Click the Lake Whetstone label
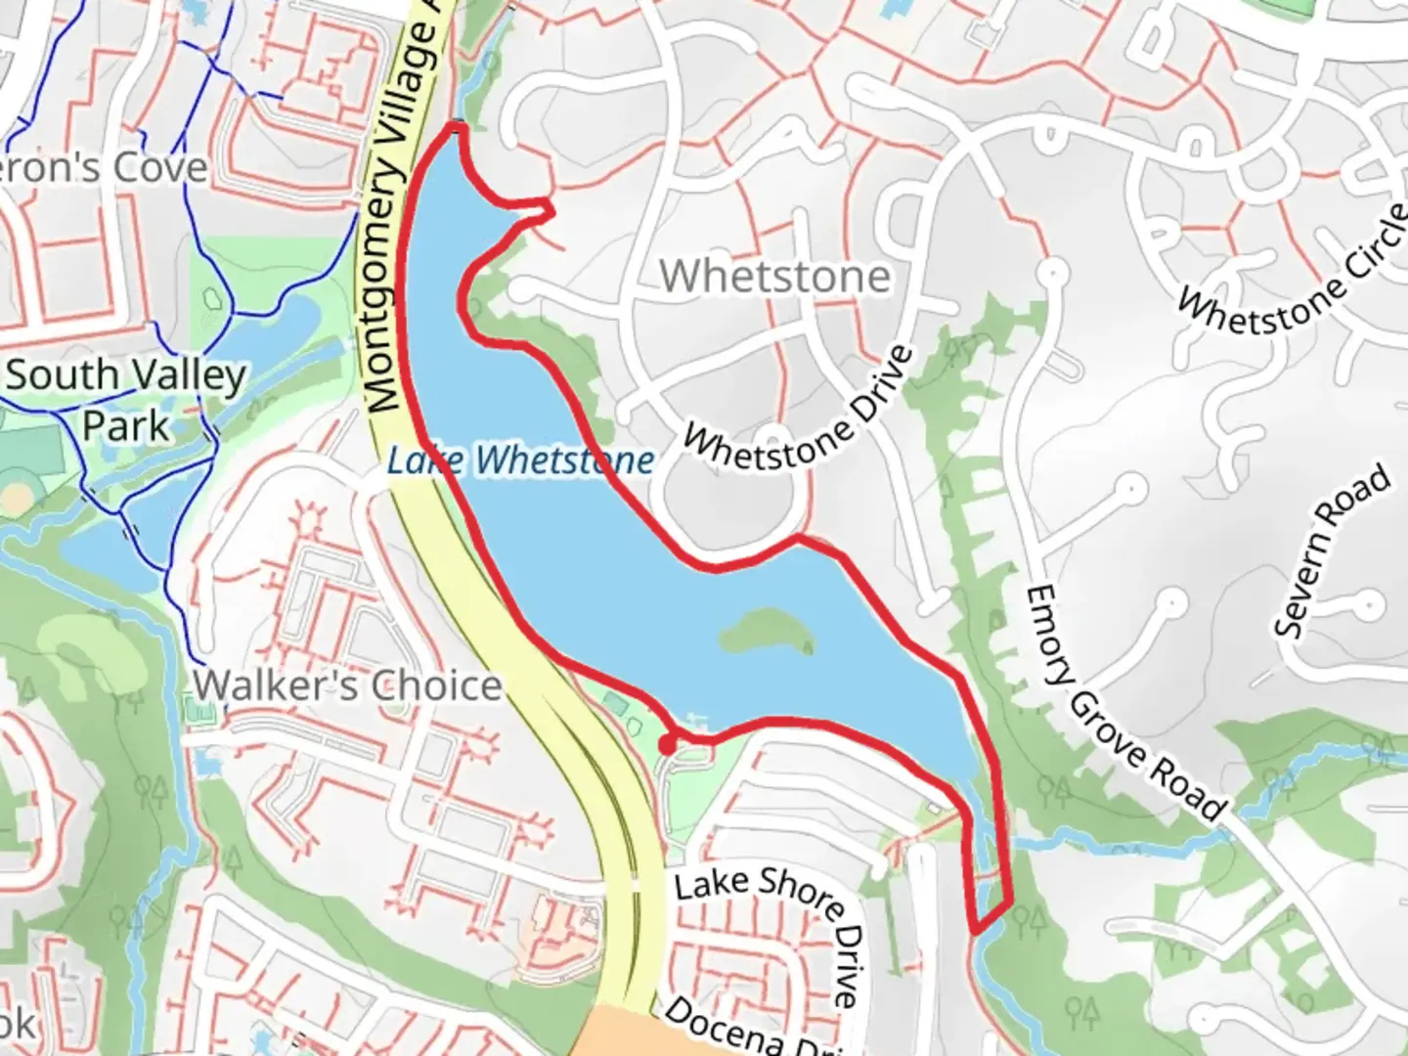click(520, 461)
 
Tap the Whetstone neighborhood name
click(775, 276)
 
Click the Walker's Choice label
click(348, 686)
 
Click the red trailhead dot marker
click(667, 746)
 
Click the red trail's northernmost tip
click(456, 125)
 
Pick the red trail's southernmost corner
click(976, 930)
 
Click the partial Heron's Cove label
click(104, 167)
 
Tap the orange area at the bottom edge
click(626, 1034)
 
